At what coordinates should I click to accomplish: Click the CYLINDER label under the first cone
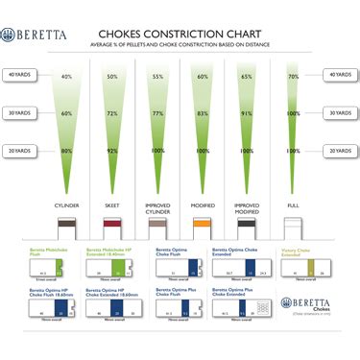[x=66, y=205]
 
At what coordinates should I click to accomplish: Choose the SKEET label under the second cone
[x=113, y=205]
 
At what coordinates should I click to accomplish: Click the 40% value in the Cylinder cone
[x=66, y=76]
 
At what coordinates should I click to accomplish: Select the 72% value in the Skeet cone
[x=112, y=114]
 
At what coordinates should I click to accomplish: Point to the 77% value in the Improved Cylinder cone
[x=157, y=114]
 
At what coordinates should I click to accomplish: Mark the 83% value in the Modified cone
[x=202, y=114]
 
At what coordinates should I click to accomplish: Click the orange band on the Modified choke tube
[x=202, y=225]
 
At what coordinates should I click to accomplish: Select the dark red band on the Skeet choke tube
[x=113, y=225]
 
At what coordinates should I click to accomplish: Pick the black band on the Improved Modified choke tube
[x=247, y=225]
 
